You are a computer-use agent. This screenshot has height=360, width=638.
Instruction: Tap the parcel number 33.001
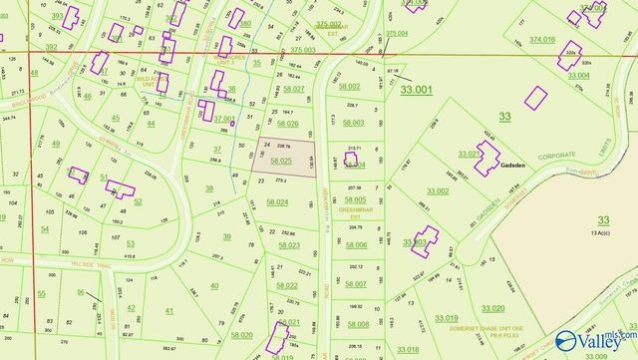417,90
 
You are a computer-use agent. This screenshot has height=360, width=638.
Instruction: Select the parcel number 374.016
542,39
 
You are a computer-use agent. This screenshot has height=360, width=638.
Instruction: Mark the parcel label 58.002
349,87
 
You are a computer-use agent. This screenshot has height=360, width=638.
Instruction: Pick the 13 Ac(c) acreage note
601,232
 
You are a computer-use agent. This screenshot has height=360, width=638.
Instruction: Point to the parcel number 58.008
357,324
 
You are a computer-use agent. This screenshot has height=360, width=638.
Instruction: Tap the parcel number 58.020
241,335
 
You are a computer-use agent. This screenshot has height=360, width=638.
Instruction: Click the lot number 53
130,243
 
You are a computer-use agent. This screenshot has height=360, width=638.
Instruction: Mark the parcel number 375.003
303,49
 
